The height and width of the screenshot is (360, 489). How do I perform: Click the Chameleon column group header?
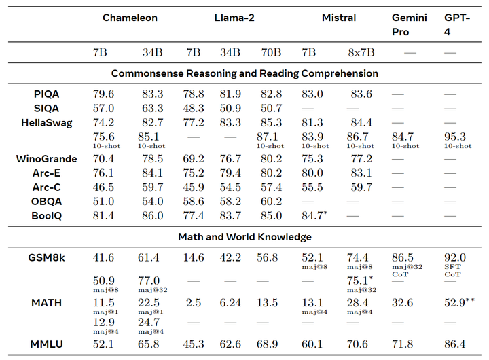coord(130,18)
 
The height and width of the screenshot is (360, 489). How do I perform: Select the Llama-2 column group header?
coord(233,18)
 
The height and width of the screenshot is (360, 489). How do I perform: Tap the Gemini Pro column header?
coord(410,24)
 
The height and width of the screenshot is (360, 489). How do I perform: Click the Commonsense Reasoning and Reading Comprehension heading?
coord(244,73)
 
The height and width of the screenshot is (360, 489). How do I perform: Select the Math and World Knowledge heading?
coord(244,237)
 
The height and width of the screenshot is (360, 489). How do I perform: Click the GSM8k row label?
coord(47,258)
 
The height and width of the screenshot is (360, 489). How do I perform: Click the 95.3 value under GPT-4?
coord(454,137)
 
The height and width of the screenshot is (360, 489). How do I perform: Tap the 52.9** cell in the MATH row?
coord(458,302)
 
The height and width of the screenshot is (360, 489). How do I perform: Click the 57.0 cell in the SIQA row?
coord(103,108)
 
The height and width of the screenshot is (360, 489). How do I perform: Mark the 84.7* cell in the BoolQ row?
coord(315,215)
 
